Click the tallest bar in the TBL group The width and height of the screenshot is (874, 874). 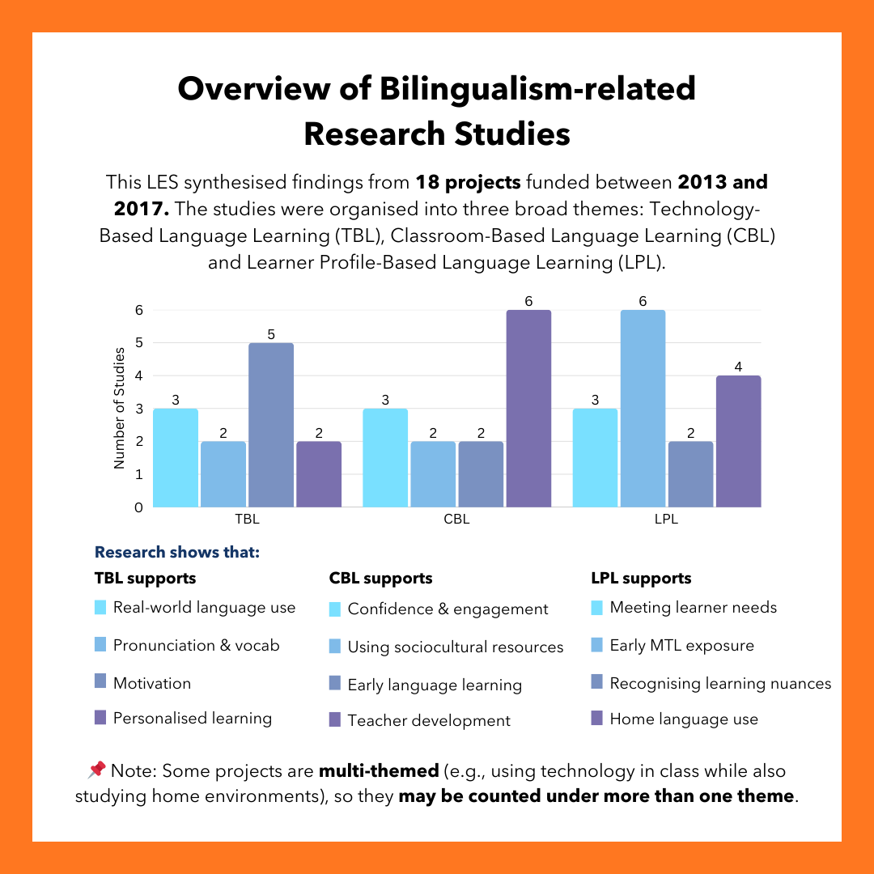(271, 425)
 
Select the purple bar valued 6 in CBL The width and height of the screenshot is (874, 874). (528, 409)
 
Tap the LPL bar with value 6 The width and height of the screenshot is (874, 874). (643, 409)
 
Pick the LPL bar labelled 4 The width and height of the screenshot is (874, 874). (738, 441)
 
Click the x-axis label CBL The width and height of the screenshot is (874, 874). (456, 520)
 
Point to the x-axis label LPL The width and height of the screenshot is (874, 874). (666, 520)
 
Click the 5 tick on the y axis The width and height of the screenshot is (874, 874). (138, 342)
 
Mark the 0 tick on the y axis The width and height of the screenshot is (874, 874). (138, 507)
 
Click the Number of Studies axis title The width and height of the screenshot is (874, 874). (120, 408)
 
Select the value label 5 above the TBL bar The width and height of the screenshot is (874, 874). (271, 333)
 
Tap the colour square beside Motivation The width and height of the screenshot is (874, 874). (100, 682)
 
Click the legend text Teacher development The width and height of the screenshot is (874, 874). (429, 720)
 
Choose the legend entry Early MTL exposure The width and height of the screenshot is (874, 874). (681, 646)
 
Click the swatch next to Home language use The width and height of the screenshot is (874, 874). (597, 718)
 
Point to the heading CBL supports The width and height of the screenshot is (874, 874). (380, 579)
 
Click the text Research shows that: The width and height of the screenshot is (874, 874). (177, 553)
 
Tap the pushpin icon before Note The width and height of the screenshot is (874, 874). (95, 770)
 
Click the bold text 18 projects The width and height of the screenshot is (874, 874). (468, 181)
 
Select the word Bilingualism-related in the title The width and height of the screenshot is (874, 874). (537, 88)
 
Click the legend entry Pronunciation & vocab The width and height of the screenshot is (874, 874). (196, 646)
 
